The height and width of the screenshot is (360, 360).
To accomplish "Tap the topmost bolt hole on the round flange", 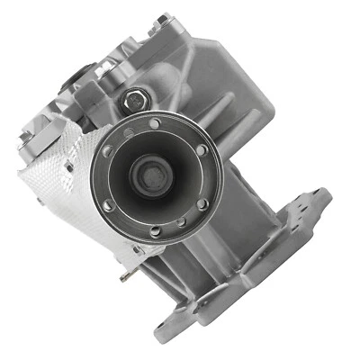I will tap(156, 122).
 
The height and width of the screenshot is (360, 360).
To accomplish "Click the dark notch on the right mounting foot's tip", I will tap(322, 194).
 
